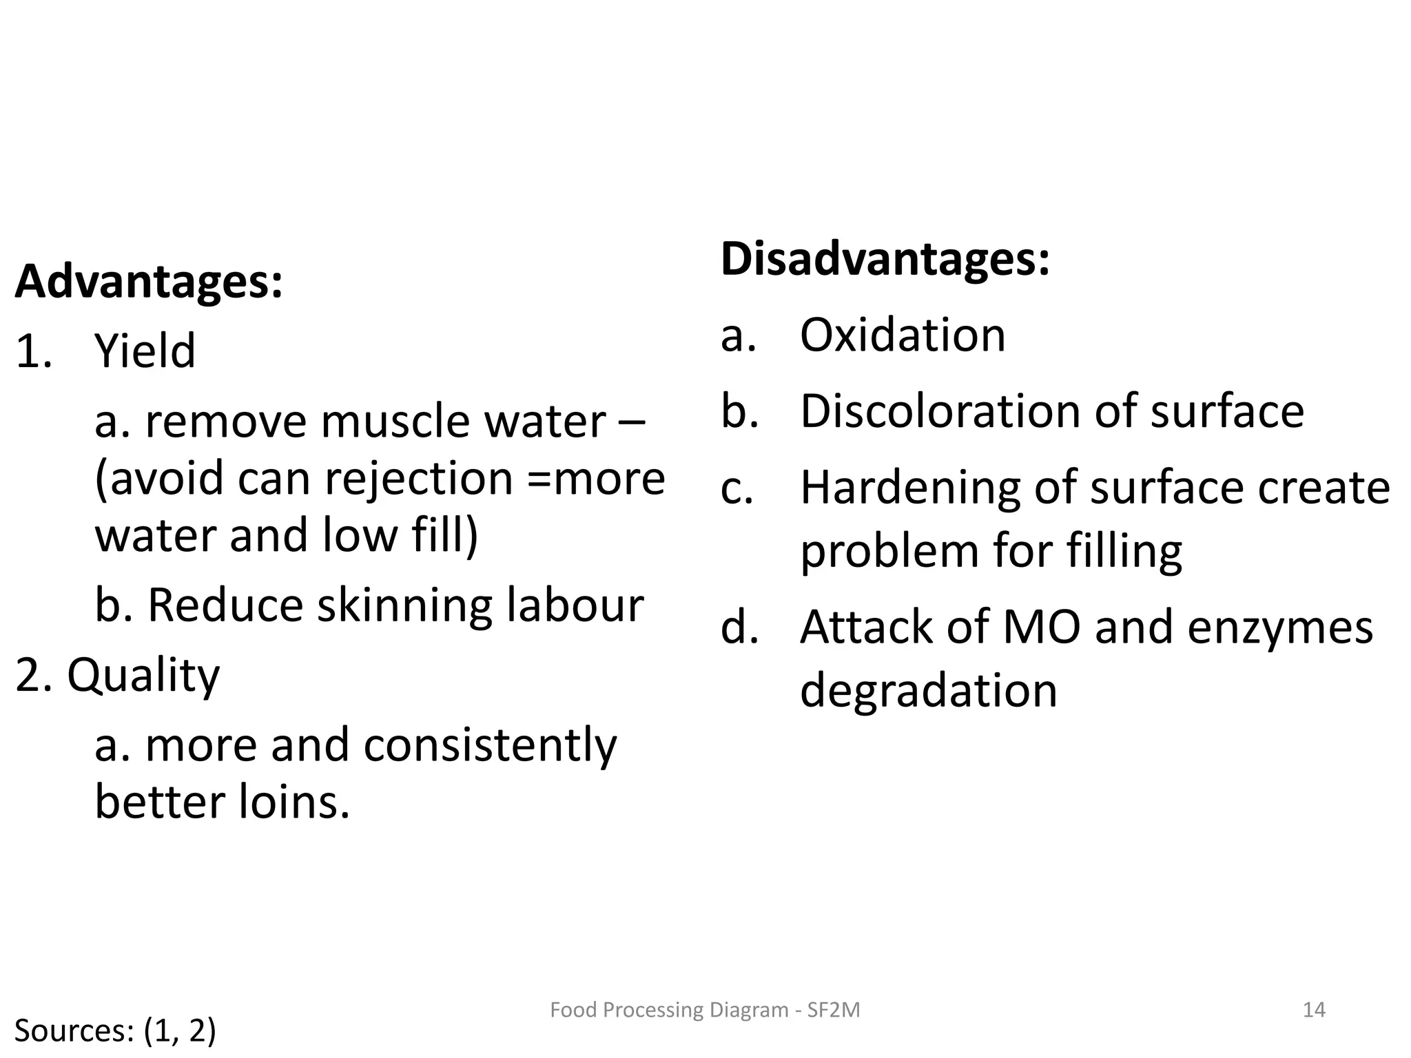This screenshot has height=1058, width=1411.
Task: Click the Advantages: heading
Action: [x=149, y=282]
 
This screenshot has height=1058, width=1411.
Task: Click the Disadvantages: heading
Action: [x=885, y=259]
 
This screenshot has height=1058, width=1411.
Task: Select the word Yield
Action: [x=145, y=351]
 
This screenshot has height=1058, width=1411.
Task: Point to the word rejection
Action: [x=419, y=478]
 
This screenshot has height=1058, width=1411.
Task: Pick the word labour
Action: [x=575, y=605]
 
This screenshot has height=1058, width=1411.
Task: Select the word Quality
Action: [x=143, y=676]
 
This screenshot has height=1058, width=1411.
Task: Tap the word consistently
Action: [x=490, y=745]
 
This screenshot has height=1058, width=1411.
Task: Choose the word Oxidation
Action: [x=903, y=335]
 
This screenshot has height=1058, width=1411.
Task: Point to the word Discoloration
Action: [x=941, y=411]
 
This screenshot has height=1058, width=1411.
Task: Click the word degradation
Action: [x=928, y=691]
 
